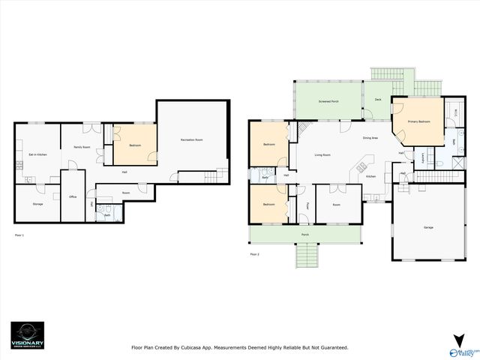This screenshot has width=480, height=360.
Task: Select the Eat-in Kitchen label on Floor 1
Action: coord(37,154)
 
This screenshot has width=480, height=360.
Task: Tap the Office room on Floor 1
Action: coord(73,196)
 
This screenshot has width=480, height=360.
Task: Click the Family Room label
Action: coord(81,147)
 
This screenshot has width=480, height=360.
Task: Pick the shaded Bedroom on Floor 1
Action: coord(135,145)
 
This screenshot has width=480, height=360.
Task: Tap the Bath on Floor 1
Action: coord(108,215)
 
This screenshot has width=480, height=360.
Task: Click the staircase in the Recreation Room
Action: coord(213,176)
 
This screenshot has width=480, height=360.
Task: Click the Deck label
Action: coord(378,99)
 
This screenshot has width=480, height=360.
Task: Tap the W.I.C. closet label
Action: coord(455,112)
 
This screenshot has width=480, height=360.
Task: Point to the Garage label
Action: coord(428,226)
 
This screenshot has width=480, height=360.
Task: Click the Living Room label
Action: coord(322,154)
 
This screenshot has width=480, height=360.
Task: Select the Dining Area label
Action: coord(370,138)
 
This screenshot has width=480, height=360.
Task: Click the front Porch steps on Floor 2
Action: coord(304,256)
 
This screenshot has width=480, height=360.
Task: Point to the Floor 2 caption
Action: coord(255,254)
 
